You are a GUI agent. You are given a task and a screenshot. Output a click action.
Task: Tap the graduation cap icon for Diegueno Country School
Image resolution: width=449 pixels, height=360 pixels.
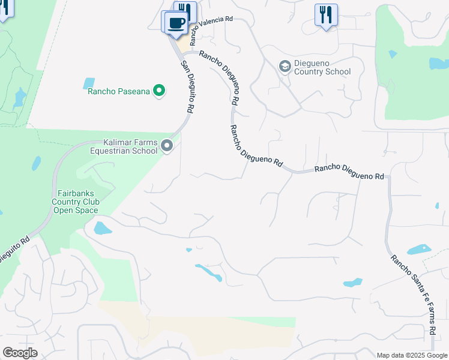(x=285, y=66)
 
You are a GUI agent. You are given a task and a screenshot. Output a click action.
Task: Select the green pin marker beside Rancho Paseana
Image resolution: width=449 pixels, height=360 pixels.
(x=159, y=91)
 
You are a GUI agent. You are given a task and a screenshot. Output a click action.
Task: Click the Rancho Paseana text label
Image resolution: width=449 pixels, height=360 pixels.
(x=119, y=92)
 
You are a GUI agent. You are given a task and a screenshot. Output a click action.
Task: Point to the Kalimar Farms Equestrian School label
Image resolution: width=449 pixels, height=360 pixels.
(x=123, y=146)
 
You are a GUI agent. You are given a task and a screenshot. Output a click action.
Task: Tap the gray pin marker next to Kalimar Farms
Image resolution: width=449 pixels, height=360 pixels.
(x=167, y=145)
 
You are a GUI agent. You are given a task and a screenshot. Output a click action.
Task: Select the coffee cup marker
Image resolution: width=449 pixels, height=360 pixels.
(x=176, y=23)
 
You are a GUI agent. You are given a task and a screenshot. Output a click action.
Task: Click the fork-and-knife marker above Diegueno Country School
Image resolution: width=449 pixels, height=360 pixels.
(x=326, y=14)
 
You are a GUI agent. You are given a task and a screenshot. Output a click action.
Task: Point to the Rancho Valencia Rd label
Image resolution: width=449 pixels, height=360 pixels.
(x=211, y=29)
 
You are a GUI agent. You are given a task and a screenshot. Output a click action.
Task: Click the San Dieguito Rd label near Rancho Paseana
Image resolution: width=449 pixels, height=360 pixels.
(x=187, y=88)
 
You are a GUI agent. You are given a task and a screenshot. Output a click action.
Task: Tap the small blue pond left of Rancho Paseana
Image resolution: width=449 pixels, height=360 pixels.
(x=89, y=83)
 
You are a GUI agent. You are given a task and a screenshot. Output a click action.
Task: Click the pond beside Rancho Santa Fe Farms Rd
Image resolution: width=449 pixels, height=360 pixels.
(x=419, y=249)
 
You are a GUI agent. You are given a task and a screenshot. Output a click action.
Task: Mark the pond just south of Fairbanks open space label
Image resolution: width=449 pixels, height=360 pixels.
(x=103, y=228)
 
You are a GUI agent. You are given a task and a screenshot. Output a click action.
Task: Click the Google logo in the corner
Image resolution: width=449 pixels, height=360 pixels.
(x=20, y=353)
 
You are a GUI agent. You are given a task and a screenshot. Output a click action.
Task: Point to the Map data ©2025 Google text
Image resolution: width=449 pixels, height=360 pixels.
(x=411, y=355)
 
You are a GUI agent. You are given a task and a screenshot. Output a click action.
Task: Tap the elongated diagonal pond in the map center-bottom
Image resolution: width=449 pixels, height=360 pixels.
(x=209, y=273)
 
